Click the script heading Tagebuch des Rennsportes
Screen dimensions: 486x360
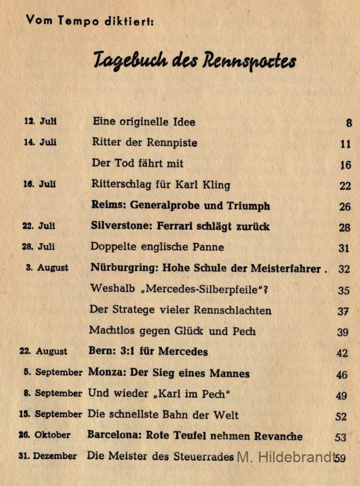coord(194,61)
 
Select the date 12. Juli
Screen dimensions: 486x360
coord(40,121)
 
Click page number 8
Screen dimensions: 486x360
coord(349,123)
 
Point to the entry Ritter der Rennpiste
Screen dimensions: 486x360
coord(144,142)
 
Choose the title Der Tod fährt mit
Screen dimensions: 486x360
coord(138,163)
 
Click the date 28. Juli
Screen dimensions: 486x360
coord(38,247)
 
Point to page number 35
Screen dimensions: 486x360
coord(343,290)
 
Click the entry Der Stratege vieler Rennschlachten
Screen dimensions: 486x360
coord(180,310)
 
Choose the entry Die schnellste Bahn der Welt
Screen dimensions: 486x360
coord(163,414)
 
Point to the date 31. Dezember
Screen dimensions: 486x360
coord(47,456)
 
